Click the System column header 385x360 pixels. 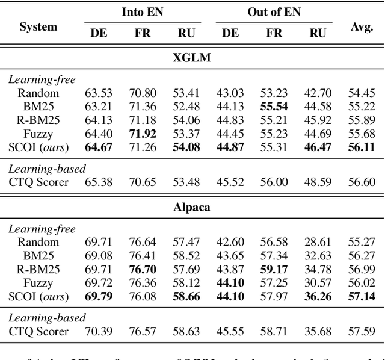click(38, 26)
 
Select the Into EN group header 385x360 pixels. click(142, 11)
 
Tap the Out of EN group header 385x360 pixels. click(274, 11)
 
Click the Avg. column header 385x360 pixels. click(362, 26)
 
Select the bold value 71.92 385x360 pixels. click(143, 134)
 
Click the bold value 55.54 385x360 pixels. click(274, 107)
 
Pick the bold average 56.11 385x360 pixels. click(362, 147)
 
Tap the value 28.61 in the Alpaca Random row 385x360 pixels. click(318, 243)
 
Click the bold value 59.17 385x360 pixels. click(274, 270)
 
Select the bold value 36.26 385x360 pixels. click(318, 296)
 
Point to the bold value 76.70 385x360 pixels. click(143, 270)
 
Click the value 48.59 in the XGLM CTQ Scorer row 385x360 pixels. click(318, 182)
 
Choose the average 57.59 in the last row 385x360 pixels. click(362, 331)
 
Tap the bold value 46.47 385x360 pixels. click(318, 147)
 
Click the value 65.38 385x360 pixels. click(99, 182)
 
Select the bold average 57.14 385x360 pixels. click(362, 296)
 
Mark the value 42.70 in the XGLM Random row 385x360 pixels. click(318, 93)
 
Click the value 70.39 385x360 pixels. click(99, 331)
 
